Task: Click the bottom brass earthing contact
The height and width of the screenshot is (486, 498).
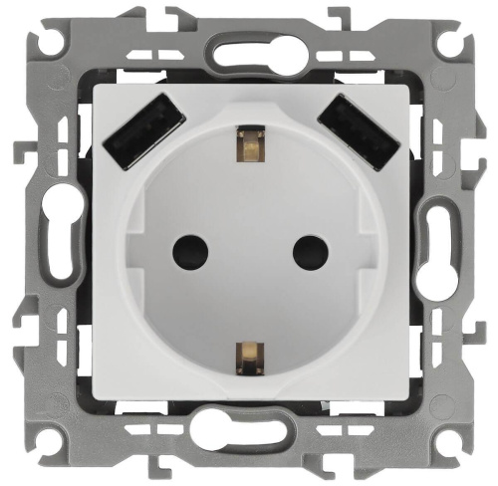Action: tap(248, 354)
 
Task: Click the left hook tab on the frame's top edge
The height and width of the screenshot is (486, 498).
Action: tap(177, 17)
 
